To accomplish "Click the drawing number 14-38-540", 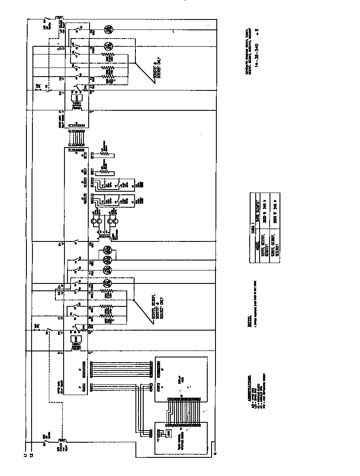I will pos(257,55).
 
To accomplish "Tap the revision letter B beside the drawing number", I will pos(257,33).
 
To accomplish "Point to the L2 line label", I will pos(31,455).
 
